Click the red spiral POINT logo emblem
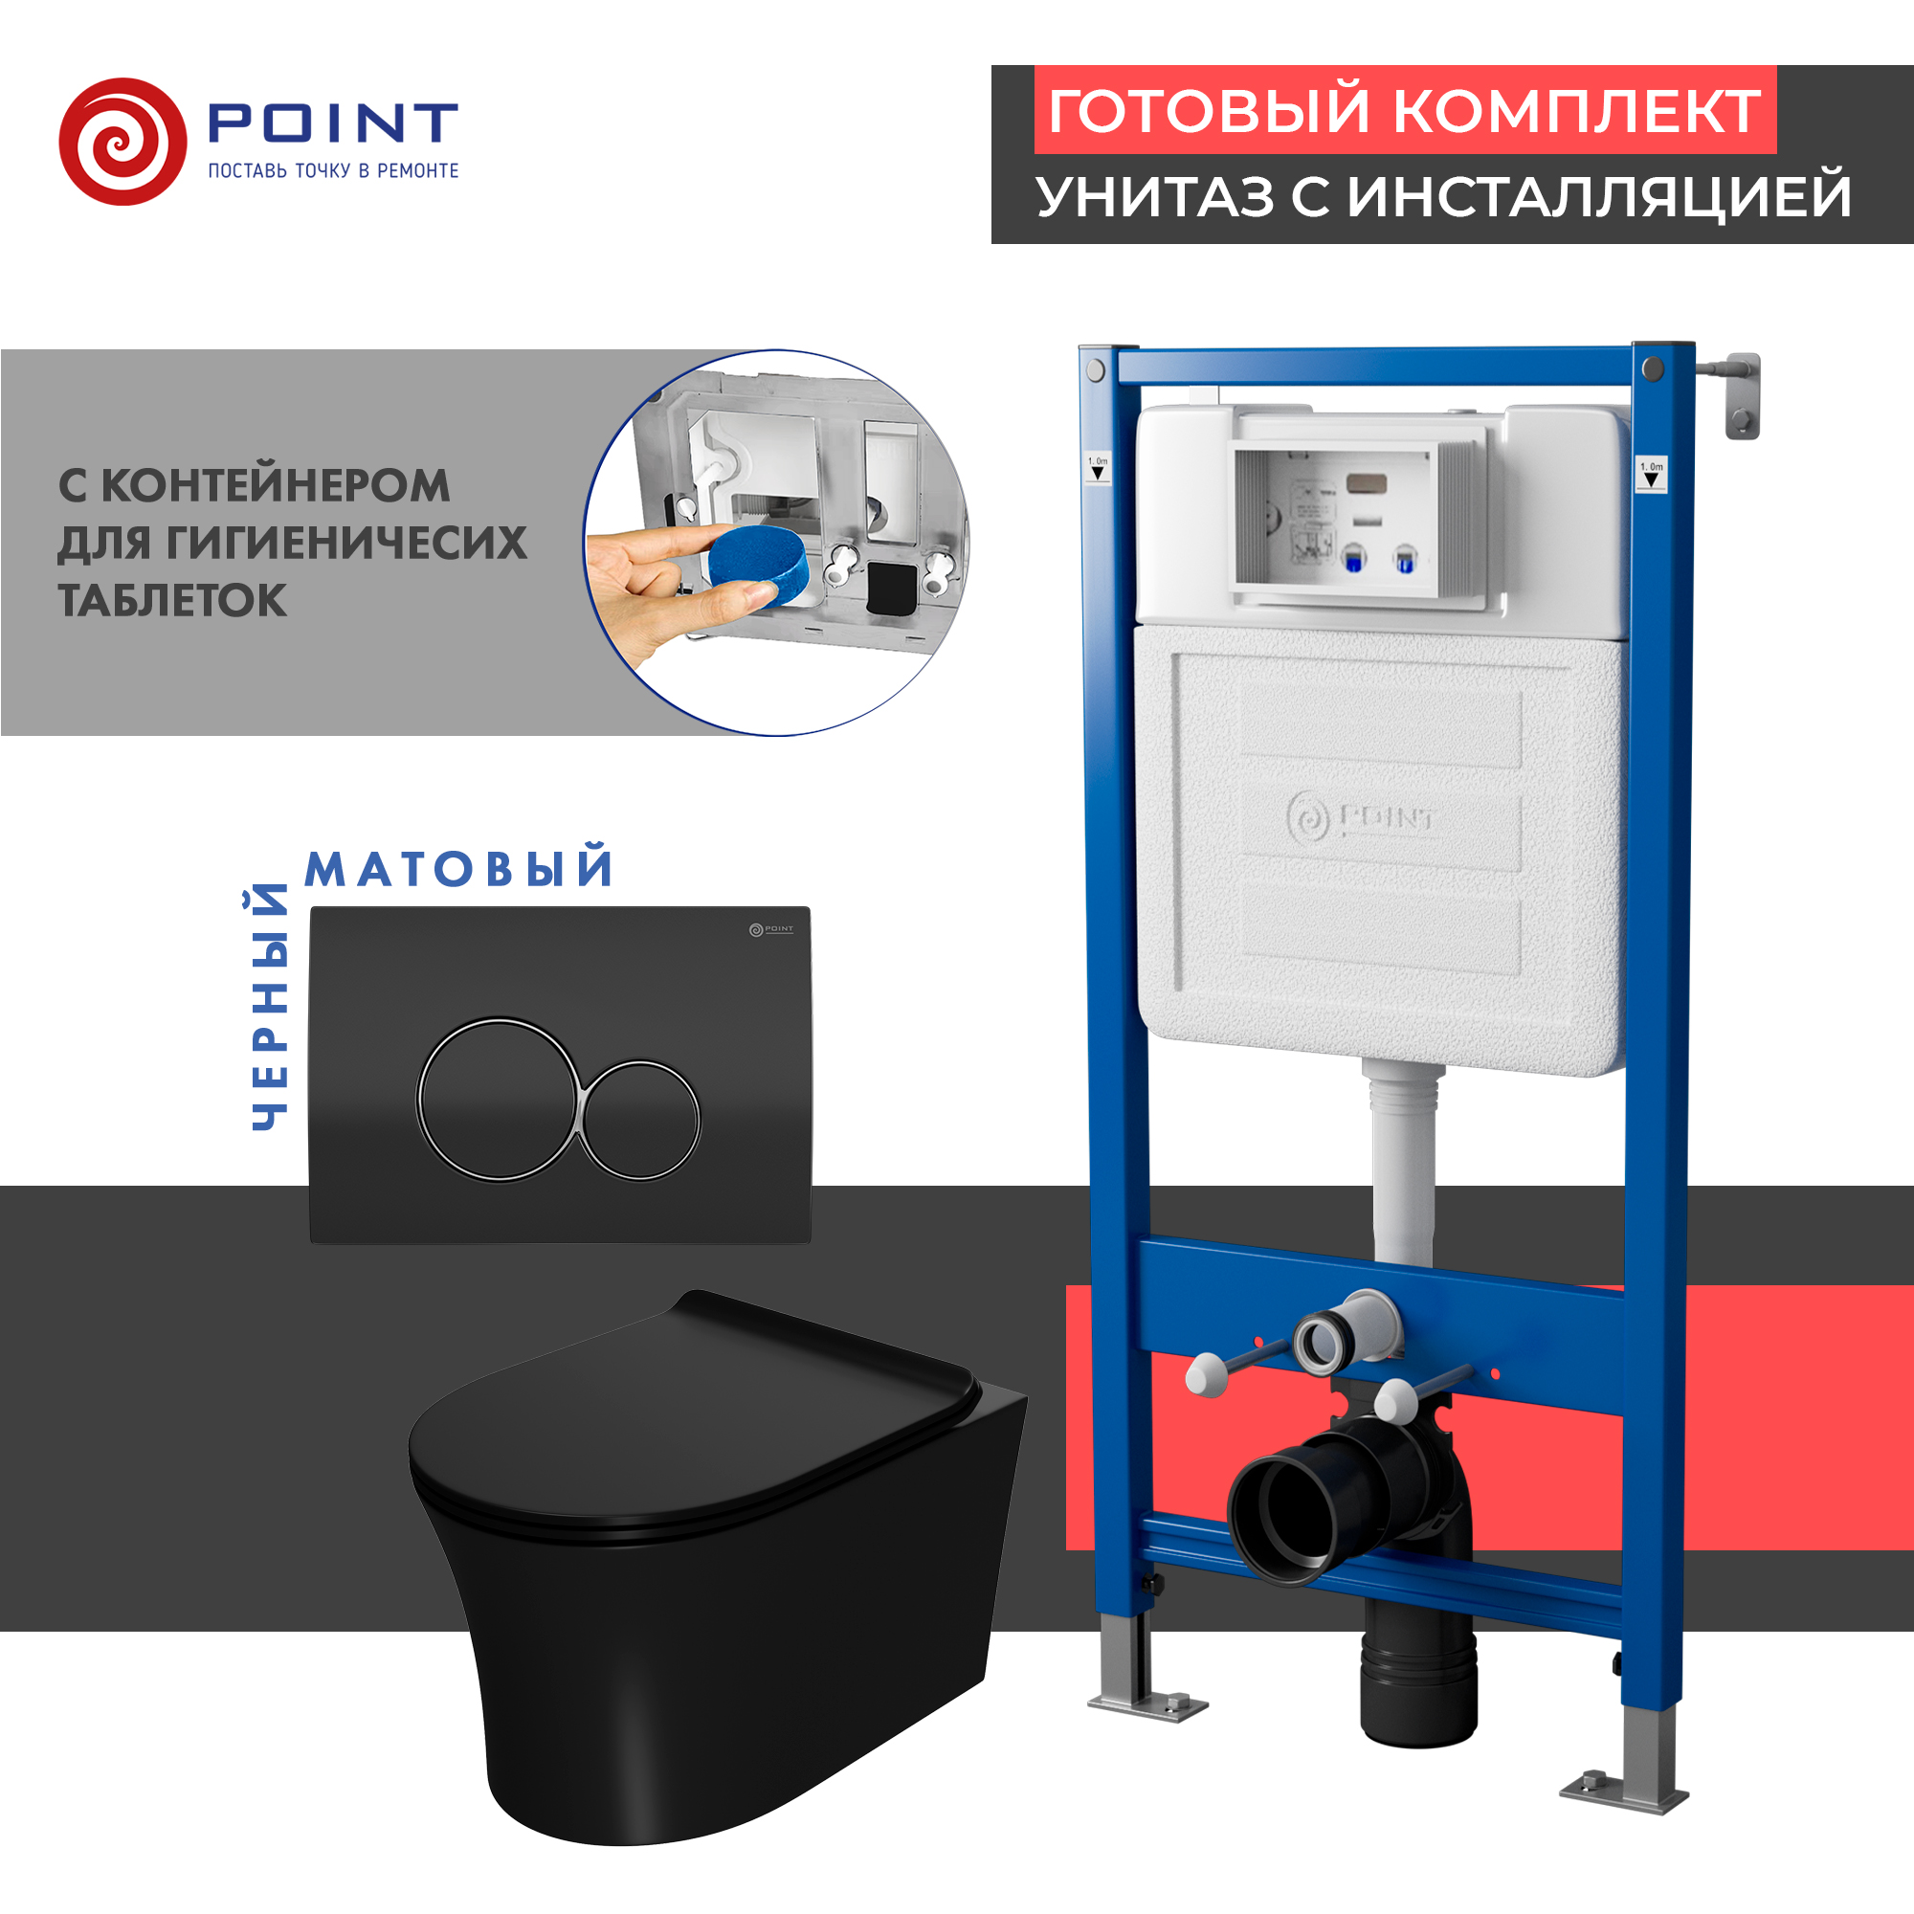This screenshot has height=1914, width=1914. [122, 142]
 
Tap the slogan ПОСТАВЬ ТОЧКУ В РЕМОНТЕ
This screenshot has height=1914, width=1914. [333, 170]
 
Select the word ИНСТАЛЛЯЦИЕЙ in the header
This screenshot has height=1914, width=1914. [1599, 196]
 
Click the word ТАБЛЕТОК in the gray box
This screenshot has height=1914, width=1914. [172, 600]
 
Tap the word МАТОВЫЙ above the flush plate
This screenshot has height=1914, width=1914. [458, 869]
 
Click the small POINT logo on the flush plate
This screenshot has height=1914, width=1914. [770, 929]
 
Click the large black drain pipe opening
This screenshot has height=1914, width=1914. [1284, 1522]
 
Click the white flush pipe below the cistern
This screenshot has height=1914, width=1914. [1403, 1169]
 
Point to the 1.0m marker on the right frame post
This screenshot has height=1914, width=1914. [1652, 473]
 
